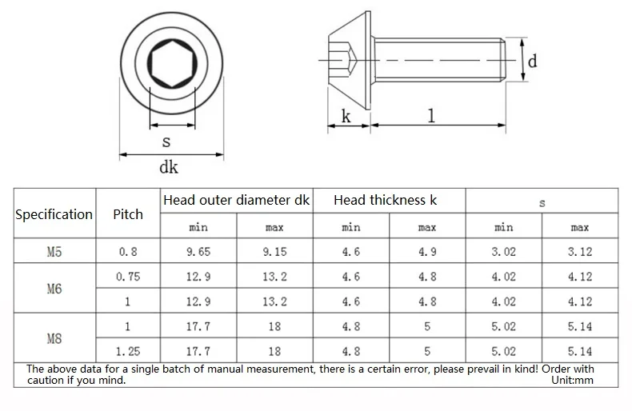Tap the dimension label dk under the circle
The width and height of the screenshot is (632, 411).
coord(168,167)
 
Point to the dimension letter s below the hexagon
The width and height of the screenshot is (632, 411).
coord(166,142)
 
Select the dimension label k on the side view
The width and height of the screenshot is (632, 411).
coord(346,116)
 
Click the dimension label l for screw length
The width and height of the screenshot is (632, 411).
coord(432,115)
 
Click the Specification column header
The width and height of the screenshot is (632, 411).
coord(54,214)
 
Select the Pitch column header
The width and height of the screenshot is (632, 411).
coord(128,214)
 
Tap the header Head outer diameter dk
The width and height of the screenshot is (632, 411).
coord(236,200)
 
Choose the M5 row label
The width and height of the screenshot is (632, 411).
coord(54,252)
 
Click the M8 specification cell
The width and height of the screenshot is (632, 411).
coord(54,339)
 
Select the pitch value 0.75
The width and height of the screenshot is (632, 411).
coord(128,277)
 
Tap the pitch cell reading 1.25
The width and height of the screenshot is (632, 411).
coord(128,351)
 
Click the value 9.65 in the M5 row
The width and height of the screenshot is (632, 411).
coord(198,252)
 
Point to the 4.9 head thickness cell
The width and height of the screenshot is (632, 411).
coord(427,252)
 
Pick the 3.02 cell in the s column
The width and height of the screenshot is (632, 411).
coord(503,252)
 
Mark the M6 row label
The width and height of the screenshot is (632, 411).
coord(54,289)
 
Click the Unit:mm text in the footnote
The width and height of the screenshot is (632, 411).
coord(572,381)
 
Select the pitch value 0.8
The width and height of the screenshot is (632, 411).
coord(128,252)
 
